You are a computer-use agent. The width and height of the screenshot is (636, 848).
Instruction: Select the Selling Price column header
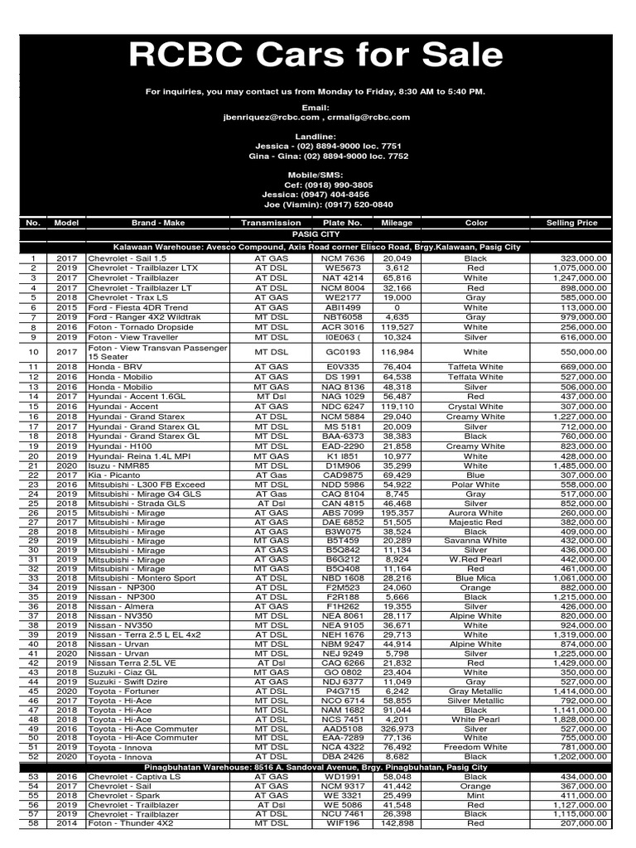pyautogui.click(x=571, y=223)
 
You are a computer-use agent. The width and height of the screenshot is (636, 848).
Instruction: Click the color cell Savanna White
pyautogui.click(x=475, y=540)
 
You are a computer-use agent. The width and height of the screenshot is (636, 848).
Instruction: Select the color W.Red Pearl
pyautogui.click(x=475, y=559)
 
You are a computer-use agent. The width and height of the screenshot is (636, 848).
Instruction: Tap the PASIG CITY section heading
pyautogui.click(x=317, y=234)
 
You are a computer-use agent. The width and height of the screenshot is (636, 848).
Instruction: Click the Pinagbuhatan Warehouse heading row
pyautogui.click(x=317, y=768)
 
